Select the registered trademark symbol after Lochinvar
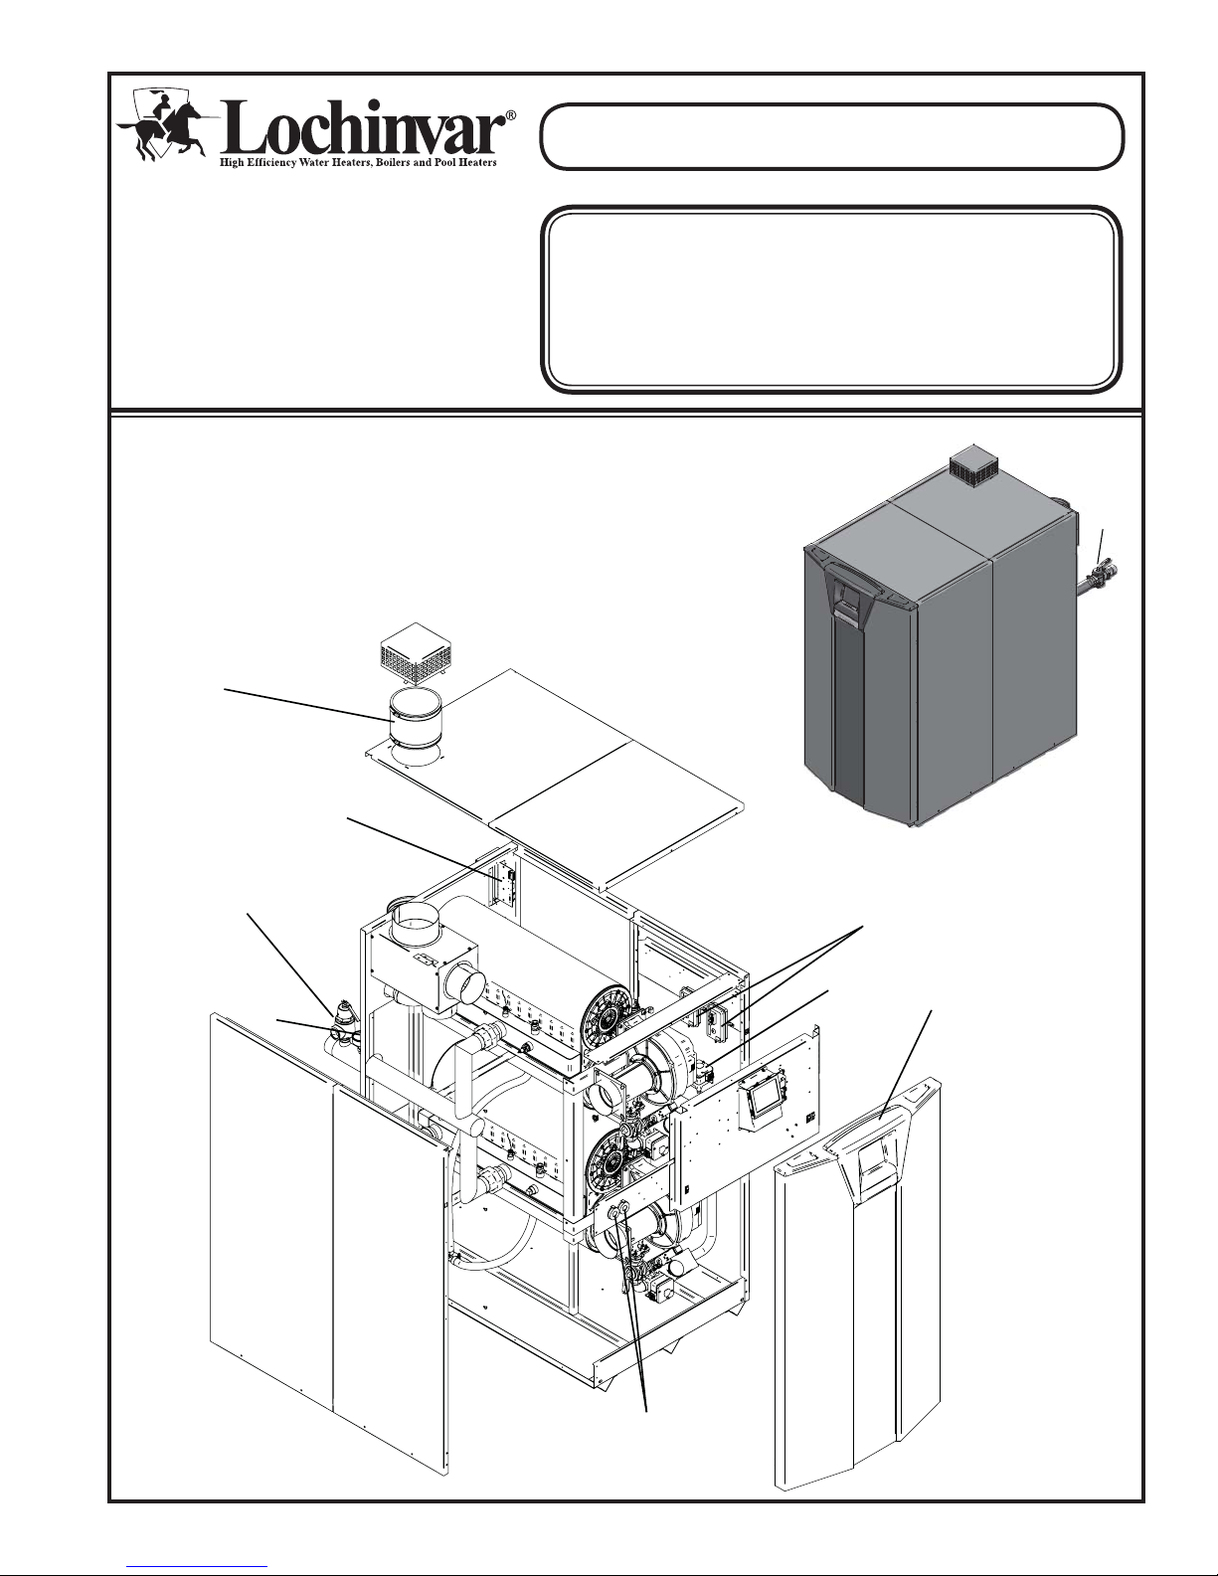(511, 115)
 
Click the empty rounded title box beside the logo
(831, 137)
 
